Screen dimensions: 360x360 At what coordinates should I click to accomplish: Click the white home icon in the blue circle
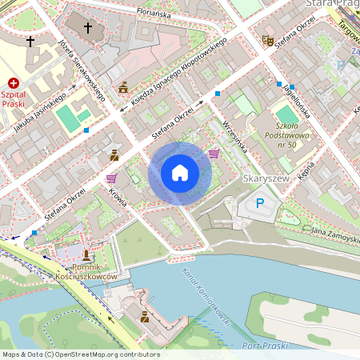pyautogui.click(x=180, y=172)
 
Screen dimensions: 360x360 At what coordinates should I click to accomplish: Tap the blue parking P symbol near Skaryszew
pyautogui.click(x=259, y=204)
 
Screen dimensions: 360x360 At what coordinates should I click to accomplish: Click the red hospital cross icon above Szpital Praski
pyautogui.click(x=14, y=83)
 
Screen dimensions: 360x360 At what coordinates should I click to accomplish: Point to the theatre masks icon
pyautogui.click(x=267, y=39)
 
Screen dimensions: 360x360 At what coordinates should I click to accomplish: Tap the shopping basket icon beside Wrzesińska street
pyautogui.click(x=214, y=153)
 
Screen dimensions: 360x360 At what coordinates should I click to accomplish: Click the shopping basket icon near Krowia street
pyautogui.click(x=111, y=178)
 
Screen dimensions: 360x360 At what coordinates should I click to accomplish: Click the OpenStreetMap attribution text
pyautogui.click(x=80, y=354)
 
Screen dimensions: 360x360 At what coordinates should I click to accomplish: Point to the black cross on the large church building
pyautogui.click(x=88, y=27)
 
